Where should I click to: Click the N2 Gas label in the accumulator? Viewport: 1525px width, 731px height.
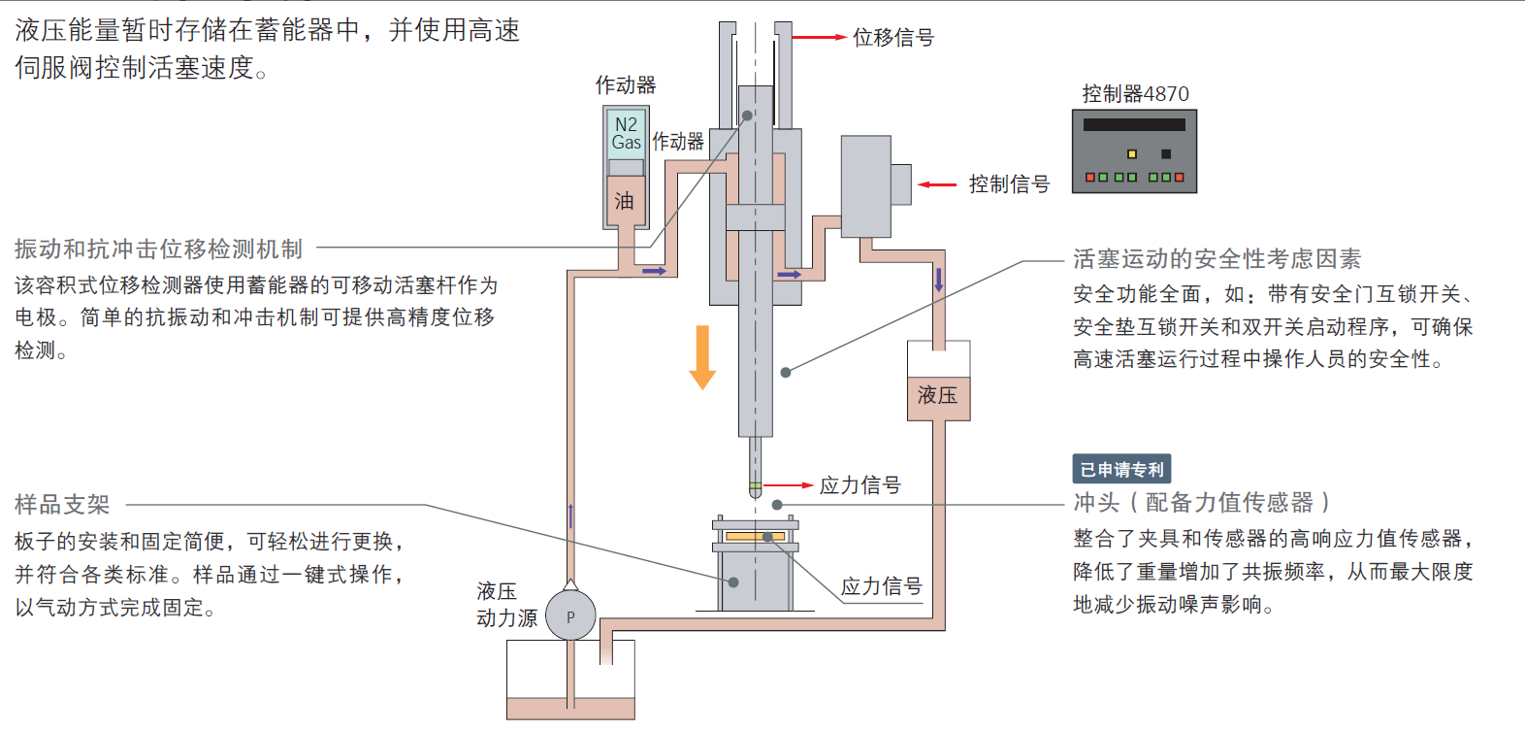coord(626,134)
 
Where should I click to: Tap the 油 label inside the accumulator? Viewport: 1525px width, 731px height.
coord(624,201)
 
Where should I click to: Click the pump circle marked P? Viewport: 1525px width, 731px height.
coord(570,616)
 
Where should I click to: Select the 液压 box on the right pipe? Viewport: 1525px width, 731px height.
coord(938,395)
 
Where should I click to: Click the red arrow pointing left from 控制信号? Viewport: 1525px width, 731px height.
coord(937,184)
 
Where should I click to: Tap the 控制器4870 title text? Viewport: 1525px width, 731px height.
coord(1135,94)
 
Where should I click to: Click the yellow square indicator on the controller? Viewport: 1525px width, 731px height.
coord(1131,154)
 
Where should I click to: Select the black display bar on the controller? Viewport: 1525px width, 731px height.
coord(1134,125)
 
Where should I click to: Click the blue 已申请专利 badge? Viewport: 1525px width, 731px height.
coord(1121,469)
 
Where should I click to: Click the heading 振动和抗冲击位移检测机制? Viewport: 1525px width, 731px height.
coord(159,249)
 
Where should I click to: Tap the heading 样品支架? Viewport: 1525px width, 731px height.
coord(62,505)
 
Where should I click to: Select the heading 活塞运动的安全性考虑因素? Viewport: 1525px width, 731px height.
coord(1217,259)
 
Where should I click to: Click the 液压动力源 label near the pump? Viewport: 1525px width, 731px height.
coord(505,605)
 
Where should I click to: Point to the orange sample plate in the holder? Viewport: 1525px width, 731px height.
coord(755,536)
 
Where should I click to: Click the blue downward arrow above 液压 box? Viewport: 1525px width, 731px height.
coord(938,281)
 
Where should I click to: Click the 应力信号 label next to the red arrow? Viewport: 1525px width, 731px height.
coord(860,485)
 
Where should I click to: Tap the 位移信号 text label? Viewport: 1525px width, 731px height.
coord(892,38)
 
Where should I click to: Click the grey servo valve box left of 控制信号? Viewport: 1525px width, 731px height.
coord(865,186)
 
